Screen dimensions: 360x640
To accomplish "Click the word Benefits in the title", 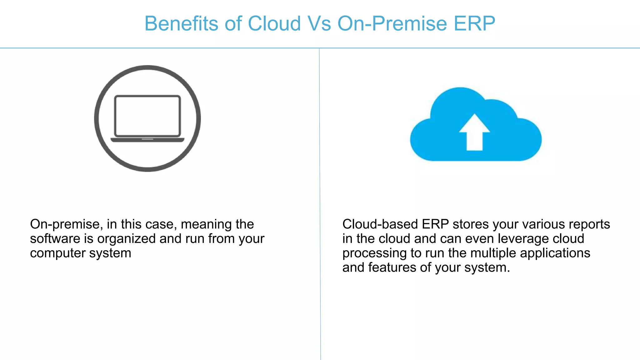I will (181, 23).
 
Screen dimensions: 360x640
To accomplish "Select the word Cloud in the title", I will (274, 23).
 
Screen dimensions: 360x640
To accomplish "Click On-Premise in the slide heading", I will (392, 23).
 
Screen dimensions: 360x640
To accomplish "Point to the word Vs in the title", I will (319, 23).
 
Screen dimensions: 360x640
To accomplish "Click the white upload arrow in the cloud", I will (474, 133).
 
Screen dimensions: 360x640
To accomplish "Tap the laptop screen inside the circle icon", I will (147, 116).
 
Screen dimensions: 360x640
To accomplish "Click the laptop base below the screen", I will (147, 140).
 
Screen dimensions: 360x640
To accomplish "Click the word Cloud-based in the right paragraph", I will (380, 224).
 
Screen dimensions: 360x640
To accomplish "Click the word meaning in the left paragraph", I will (206, 224).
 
